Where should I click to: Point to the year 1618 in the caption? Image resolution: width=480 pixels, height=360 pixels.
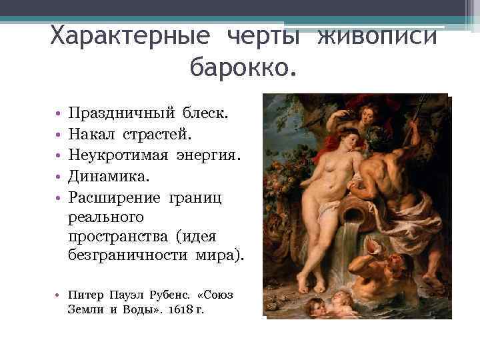(183, 309)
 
